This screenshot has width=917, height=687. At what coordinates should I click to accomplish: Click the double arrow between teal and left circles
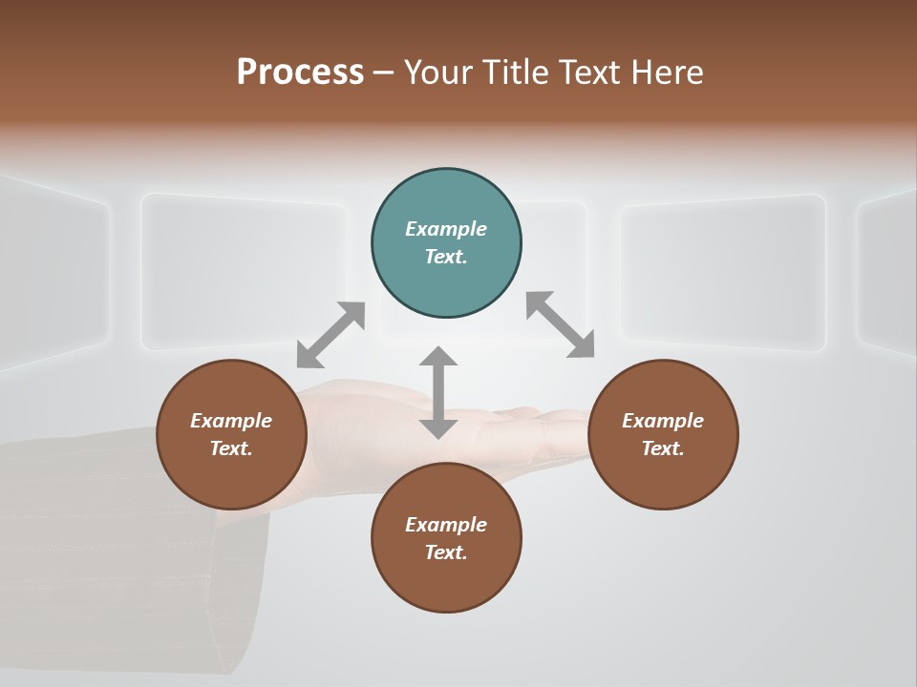[x=331, y=334]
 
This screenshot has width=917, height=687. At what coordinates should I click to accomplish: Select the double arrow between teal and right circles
[x=560, y=324]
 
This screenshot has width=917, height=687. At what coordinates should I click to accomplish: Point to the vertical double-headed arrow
[x=438, y=392]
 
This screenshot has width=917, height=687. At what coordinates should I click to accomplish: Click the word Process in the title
[x=300, y=72]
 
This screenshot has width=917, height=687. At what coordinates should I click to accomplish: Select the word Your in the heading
[x=438, y=72]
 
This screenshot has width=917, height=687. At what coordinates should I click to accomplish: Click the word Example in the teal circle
[x=446, y=229]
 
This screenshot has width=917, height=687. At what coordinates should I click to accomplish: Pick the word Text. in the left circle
[x=231, y=448]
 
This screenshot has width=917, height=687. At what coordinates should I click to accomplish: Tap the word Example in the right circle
[x=663, y=421]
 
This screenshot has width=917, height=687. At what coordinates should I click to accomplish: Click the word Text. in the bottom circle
[x=446, y=552]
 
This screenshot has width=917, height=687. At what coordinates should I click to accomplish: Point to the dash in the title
[x=383, y=73]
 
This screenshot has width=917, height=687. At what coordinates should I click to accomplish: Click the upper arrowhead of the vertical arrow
[x=438, y=356]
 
